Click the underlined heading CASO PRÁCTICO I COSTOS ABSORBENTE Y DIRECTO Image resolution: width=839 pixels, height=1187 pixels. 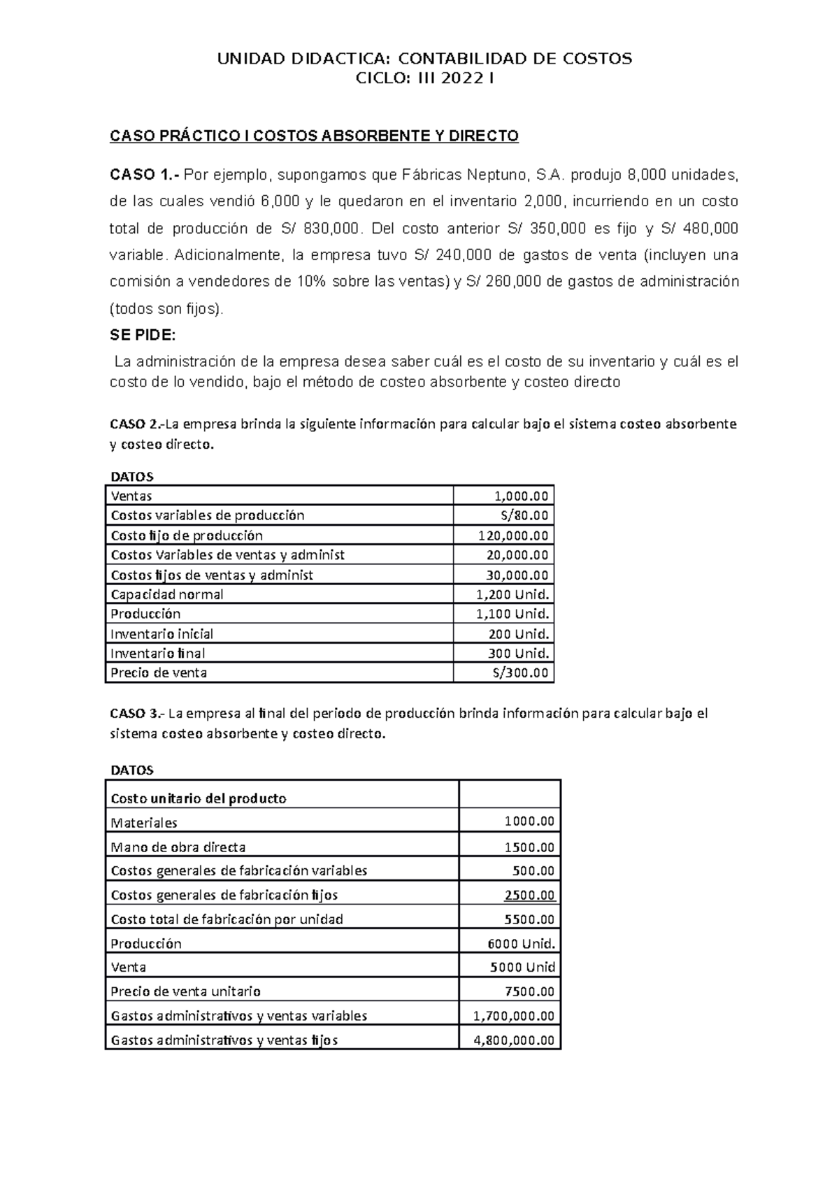tap(314, 136)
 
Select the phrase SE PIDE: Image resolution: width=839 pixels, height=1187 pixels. tap(143, 336)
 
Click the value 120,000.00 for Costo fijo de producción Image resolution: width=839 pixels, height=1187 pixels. tap(513, 536)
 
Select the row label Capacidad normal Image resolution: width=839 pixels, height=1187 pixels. tap(167, 595)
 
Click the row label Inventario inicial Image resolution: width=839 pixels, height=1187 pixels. tap(162, 634)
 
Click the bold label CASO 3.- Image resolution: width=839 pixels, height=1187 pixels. tap(136, 714)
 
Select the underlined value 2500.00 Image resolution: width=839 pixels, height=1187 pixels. tap(529, 895)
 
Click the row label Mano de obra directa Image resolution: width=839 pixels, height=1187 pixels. tap(178, 847)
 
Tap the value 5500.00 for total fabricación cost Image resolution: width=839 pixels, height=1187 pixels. tap(529, 920)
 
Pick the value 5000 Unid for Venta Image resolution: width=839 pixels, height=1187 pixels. tap(522, 967)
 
